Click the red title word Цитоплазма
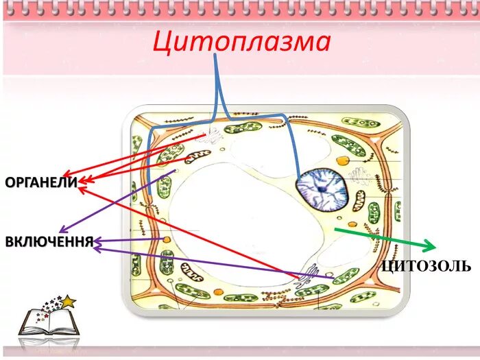click(241, 43)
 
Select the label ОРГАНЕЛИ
click(40, 182)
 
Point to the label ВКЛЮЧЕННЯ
click(49, 242)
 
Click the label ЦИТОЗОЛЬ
click(426, 266)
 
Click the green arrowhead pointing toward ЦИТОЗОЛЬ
click(429, 245)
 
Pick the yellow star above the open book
click(69, 300)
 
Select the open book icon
click(48, 320)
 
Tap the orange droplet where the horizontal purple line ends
click(166, 240)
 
